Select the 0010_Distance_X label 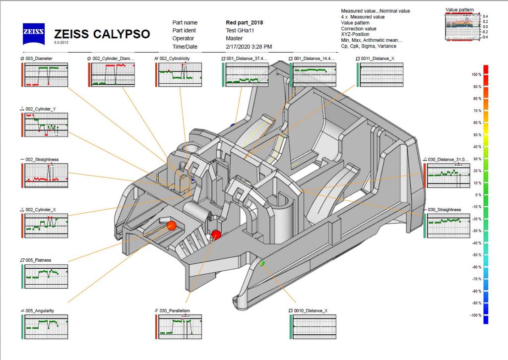310,311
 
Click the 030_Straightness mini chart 448,225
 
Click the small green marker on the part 262,263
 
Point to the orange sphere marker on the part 172,226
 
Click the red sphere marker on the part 216,235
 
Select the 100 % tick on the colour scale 477,74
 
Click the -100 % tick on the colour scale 476,315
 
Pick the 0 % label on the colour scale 479,195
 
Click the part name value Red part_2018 244,23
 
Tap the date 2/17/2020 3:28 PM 249,47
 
